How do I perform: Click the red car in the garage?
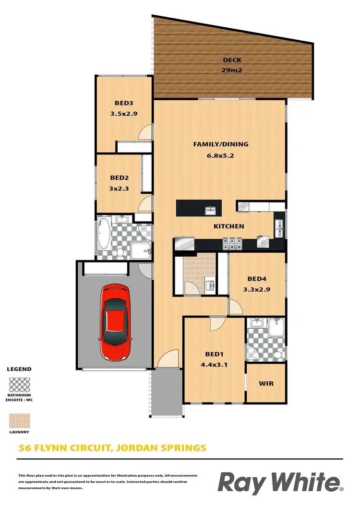tap(115, 322)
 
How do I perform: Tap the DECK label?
tap(232, 60)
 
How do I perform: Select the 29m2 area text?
tap(232, 70)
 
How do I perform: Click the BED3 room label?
tap(123, 103)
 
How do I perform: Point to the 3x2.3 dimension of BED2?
tap(119, 189)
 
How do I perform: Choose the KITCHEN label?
tap(229, 226)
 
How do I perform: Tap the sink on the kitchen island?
tap(210, 210)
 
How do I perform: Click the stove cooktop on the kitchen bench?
tap(232, 244)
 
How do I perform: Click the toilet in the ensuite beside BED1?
tap(277, 355)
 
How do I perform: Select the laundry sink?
tap(210, 286)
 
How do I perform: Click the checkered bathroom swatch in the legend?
tap(20, 385)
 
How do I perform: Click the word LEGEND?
tap(19, 369)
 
